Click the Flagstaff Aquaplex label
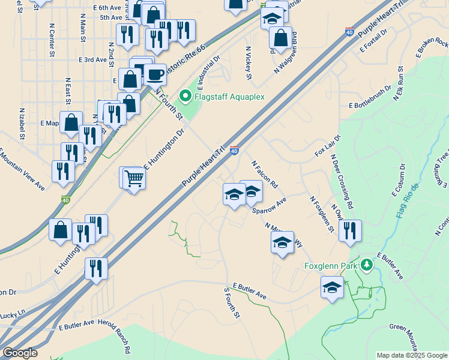(x=229, y=95)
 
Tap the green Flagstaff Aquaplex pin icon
(x=185, y=95)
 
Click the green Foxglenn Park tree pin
(x=366, y=264)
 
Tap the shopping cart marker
(x=134, y=178)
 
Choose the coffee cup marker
(x=155, y=75)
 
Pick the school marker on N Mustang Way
(x=282, y=242)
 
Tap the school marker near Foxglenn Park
(x=332, y=287)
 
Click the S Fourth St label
(x=232, y=303)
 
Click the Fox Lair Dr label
(x=327, y=146)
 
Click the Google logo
(x=20, y=353)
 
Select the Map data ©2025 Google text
(x=411, y=355)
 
